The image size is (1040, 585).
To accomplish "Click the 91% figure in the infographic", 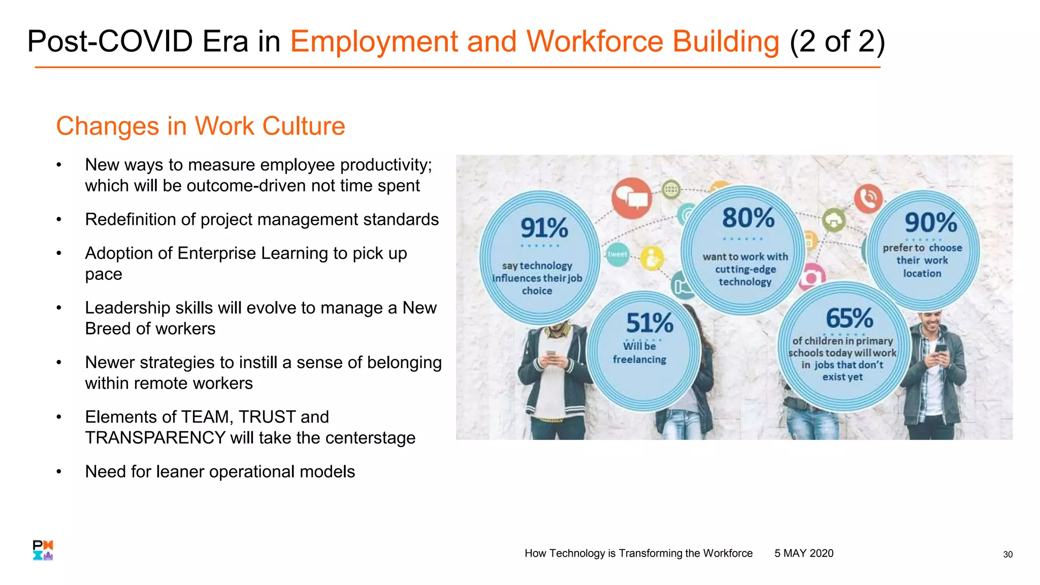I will (x=544, y=227).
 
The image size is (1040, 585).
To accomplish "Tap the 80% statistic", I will (x=748, y=218).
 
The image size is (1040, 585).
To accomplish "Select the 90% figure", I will (x=930, y=222).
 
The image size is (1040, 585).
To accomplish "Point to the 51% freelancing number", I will (x=649, y=323).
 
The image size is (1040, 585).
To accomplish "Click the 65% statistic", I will (x=849, y=318).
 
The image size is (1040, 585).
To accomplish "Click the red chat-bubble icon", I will (x=631, y=198).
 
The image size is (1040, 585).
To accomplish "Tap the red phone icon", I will (x=868, y=198).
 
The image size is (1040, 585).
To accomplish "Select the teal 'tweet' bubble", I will (x=617, y=254).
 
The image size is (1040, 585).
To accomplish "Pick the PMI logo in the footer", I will (x=43, y=550).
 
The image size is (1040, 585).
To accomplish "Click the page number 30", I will (x=1007, y=555).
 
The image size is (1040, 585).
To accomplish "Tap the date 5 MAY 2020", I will (x=803, y=554).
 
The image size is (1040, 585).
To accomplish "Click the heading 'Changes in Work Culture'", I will (x=200, y=126).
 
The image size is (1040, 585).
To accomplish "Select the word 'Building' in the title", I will (x=726, y=42).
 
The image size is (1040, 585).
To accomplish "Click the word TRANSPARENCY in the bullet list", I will (x=155, y=438).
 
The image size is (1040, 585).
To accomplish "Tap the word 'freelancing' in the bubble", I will (x=639, y=360).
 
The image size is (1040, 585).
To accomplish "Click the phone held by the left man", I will (x=550, y=354).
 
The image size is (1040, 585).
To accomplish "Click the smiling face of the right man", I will (x=932, y=321).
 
